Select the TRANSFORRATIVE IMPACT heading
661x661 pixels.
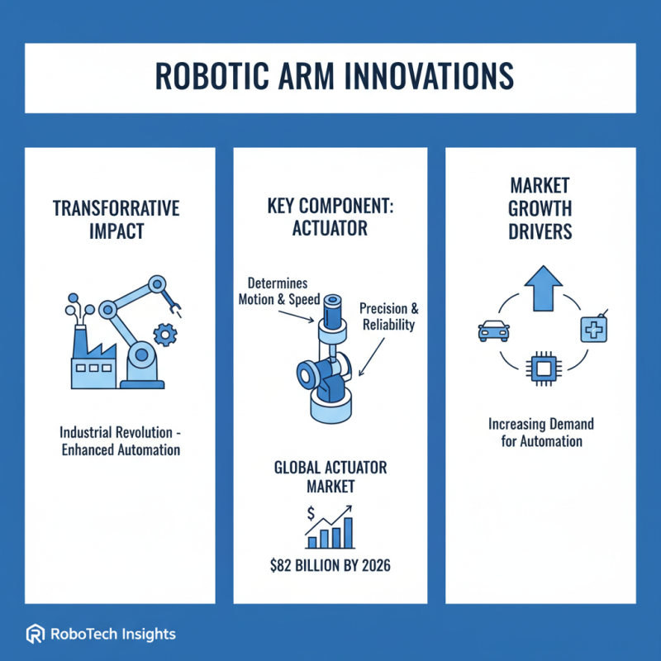[x=116, y=220]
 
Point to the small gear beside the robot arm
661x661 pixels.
[x=166, y=335]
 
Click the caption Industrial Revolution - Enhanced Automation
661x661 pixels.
[x=121, y=441]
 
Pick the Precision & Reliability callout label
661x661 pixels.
[x=389, y=316]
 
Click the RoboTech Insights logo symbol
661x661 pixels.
[x=36, y=635]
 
